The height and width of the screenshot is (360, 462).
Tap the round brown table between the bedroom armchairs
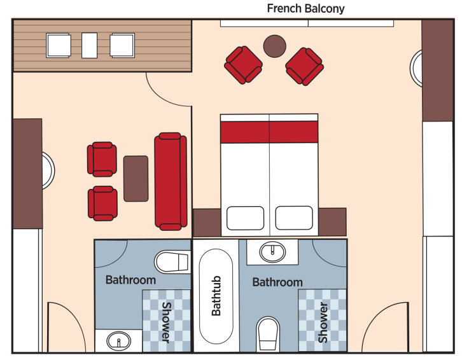(275, 45)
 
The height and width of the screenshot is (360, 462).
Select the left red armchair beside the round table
(243, 65)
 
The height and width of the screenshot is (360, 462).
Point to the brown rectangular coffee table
(136, 179)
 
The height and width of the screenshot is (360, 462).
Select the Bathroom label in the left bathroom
(130, 280)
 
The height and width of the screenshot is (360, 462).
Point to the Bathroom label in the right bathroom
(277, 282)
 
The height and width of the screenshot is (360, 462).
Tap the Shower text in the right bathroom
(323, 322)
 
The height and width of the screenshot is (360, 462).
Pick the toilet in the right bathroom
(268, 333)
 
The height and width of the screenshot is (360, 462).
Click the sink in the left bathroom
(118, 342)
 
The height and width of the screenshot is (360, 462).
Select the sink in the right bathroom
(274, 253)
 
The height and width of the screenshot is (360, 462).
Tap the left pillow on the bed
(245, 218)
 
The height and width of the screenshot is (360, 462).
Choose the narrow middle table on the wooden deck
(90, 45)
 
